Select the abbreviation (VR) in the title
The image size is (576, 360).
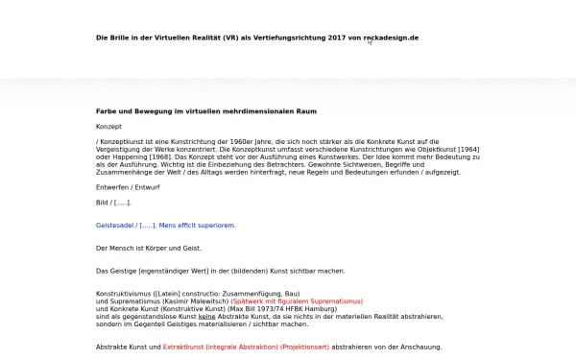click(228, 37)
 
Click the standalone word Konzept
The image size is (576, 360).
click(109, 127)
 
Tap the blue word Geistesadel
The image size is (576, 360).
click(116, 226)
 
